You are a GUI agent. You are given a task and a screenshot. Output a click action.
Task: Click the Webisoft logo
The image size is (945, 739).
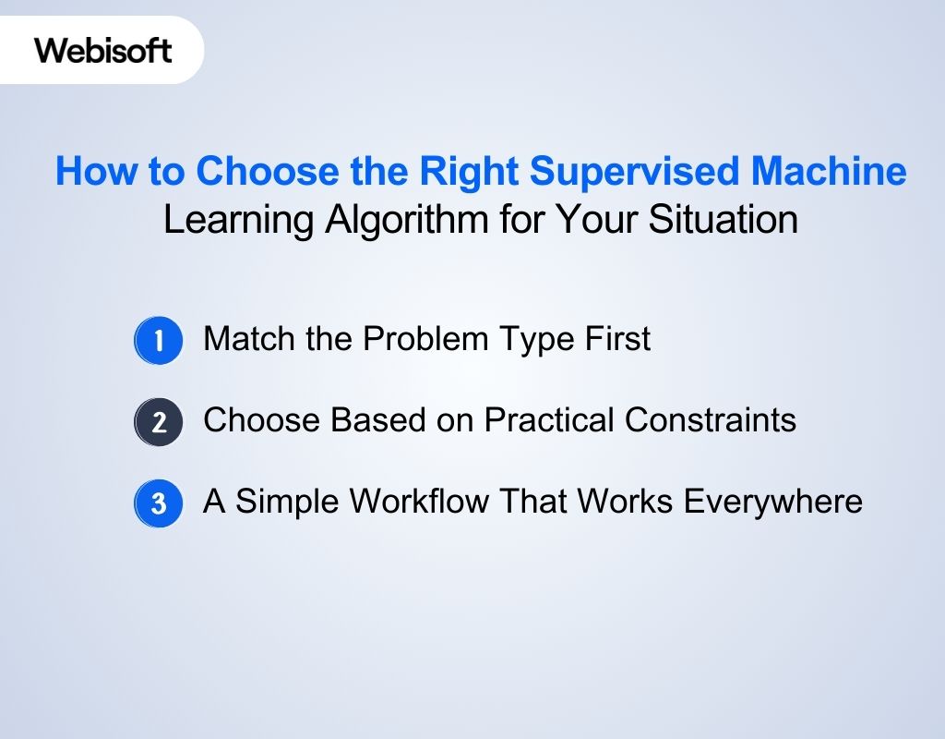click(x=103, y=49)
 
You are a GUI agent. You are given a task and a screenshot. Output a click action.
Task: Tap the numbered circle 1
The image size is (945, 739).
click(x=159, y=341)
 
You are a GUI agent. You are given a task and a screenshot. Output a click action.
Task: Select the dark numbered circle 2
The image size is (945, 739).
click(x=159, y=422)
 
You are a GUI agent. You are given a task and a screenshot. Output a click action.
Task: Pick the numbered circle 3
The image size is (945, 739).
click(x=159, y=503)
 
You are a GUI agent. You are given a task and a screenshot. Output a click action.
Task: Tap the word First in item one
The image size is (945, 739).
click(x=617, y=339)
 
